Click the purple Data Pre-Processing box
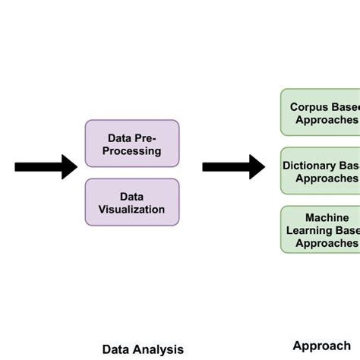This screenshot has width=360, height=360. point(132,144)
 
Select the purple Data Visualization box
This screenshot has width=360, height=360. point(132,202)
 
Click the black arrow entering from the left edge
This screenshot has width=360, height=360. point(46,166)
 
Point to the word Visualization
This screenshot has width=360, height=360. point(132,210)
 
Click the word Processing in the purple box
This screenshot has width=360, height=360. point(133,150)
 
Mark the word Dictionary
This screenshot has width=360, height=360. point(310,165)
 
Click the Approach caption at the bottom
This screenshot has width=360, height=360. point(321,346)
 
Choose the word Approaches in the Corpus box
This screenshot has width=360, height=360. point(327,119)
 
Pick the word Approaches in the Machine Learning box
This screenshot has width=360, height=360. point(327,243)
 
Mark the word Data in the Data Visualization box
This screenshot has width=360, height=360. point(132,196)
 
